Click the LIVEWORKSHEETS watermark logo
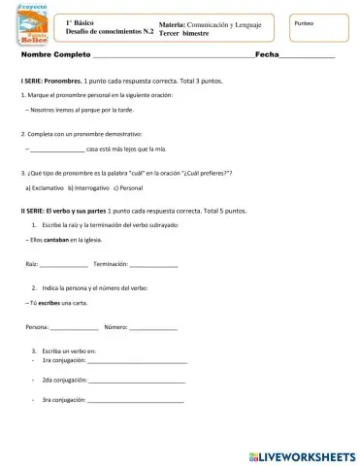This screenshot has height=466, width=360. [302, 454]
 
